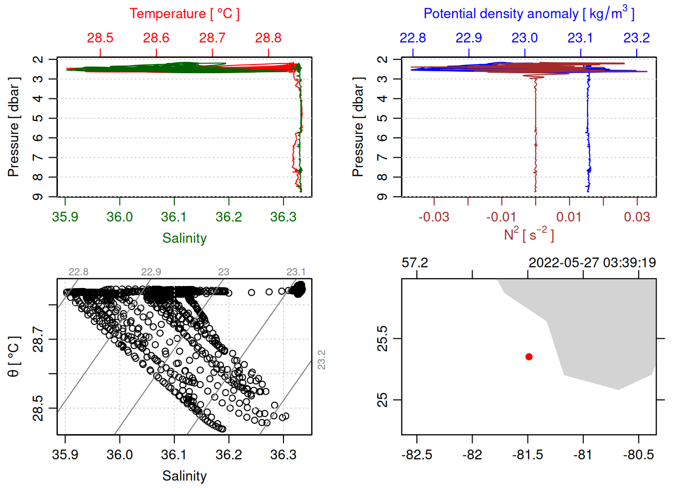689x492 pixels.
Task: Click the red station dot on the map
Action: pyautogui.click(x=529, y=357)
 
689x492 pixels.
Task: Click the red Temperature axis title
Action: pyautogui.click(x=184, y=14)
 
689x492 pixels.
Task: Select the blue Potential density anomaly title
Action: pyautogui.click(x=529, y=14)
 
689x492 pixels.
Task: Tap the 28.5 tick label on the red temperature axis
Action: pyautogui.click(x=100, y=38)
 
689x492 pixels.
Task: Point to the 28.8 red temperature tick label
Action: pyautogui.click(x=268, y=38)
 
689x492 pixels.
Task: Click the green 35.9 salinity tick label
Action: pyautogui.click(x=65, y=217)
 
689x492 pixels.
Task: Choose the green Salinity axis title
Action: pyautogui.click(x=184, y=238)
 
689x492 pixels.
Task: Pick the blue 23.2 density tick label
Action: pyautogui.click(x=636, y=38)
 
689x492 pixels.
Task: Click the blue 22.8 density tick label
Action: pyautogui.click(x=413, y=38)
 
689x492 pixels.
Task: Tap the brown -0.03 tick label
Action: pyautogui.click(x=434, y=217)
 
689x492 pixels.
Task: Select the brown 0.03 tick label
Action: pyautogui.click(x=637, y=217)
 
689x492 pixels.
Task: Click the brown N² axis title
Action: pyautogui.click(x=529, y=235)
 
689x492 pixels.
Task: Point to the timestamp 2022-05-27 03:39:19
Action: pyautogui.click(x=592, y=263)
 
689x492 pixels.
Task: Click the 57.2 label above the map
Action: pyautogui.click(x=415, y=263)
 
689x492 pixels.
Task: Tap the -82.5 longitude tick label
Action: pyautogui.click(x=417, y=455)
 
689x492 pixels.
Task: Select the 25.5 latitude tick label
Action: pyautogui.click(x=382, y=339)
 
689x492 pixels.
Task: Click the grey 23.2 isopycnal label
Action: pyautogui.click(x=321, y=360)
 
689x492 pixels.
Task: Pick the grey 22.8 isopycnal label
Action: pyautogui.click(x=78, y=272)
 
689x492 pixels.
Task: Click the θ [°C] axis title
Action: pyautogui.click(x=14, y=357)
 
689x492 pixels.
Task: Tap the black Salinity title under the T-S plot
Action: pyautogui.click(x=184, y=476)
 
